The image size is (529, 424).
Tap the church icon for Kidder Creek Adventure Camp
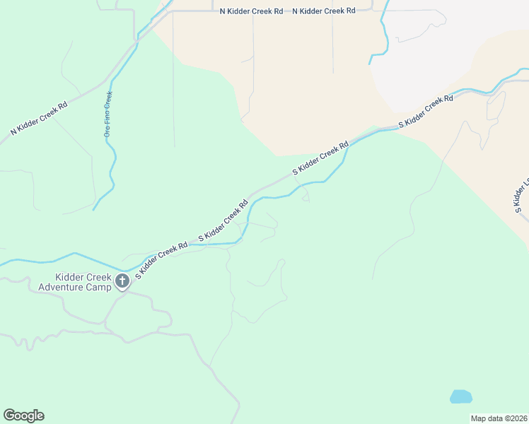(122, 281)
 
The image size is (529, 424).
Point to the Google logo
(23, 416)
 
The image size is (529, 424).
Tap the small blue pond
(460, 396)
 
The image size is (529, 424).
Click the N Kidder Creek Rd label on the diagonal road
(39, 118)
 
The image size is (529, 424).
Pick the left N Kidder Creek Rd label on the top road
(251, 11)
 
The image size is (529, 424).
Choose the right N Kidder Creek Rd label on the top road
(324, 11)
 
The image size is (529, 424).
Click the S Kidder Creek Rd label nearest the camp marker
(161, 260)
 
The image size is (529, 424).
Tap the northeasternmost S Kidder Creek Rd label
(425, 111)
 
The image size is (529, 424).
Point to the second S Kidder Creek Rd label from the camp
(223, 221)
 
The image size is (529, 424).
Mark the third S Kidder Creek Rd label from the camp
(321, 158)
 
